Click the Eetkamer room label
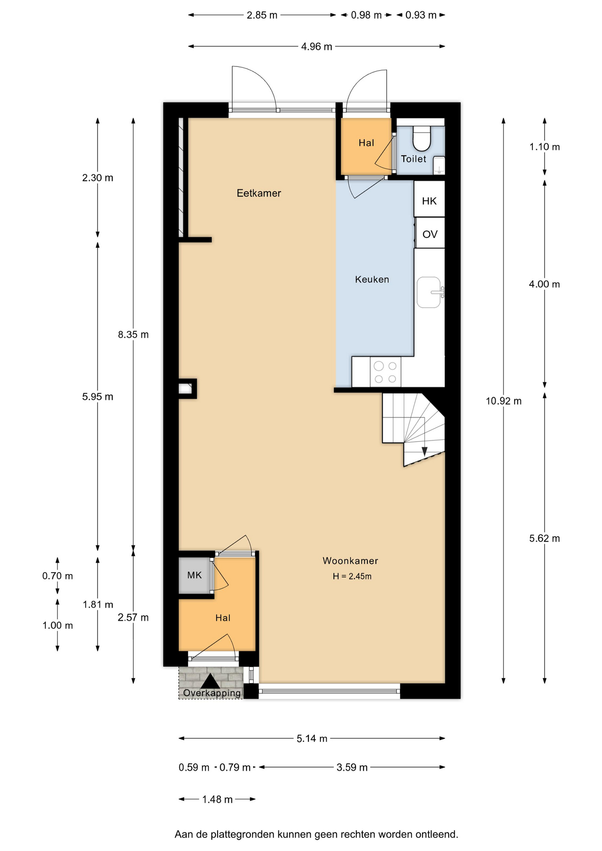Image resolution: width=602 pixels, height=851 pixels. click(259, 193)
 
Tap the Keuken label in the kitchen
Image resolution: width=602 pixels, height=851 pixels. click(372, 279)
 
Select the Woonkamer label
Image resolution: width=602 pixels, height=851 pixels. click(350, 561)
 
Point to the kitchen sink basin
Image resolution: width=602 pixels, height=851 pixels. click(429, 293)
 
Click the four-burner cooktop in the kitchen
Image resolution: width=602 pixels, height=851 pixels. click(385, 372)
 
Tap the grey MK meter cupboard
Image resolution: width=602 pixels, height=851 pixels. click(195, 575)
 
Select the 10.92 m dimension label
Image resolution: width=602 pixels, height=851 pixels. click(504, 401)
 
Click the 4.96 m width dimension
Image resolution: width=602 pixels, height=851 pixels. click(317, 47)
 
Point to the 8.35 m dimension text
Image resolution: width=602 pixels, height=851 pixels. click(133, 335)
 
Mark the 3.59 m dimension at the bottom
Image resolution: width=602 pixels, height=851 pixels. click(352, 767)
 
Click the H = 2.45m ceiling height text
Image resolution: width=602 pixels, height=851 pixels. click(352, 576)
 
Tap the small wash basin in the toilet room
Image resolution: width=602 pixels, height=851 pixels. click(438, 165)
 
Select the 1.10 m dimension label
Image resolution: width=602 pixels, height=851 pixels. click(544, 147)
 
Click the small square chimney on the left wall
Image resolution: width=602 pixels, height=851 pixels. click(188, 389)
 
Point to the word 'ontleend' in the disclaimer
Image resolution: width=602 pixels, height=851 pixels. click(437, 835)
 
